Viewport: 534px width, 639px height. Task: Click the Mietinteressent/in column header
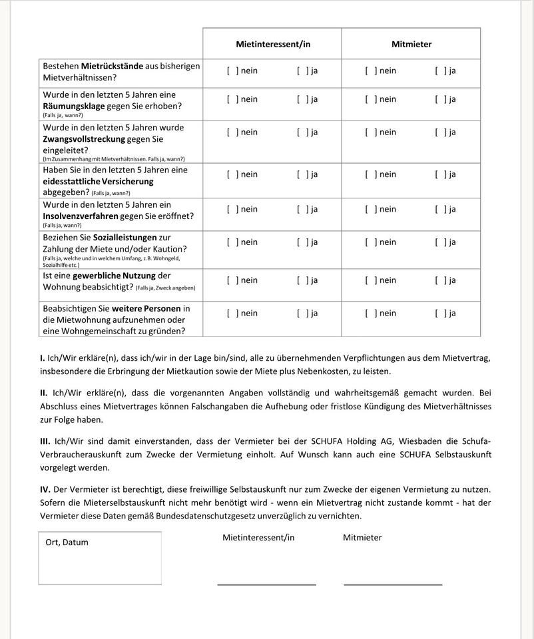(x=273, y=45)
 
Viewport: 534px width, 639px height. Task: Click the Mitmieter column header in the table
(x=411, y=45)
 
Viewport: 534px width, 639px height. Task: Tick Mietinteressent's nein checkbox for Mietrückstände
(x=231, y=71)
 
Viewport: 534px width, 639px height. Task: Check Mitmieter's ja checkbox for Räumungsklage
(x=439, y=99)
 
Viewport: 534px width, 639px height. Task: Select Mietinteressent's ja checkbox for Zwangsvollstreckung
(x=301, y=132)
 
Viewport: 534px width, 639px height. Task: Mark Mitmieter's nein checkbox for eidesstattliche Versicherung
(x=370, y=174)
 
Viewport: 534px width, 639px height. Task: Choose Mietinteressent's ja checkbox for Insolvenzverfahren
(x=301, y=209)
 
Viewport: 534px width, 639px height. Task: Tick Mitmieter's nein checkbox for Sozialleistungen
(x=370, y=242)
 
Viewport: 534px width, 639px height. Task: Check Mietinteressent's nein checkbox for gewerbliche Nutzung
(x=231, y=280)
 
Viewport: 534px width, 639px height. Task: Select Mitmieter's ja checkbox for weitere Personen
(x=439, y=313)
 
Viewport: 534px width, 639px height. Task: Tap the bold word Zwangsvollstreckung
(x=84, y=139)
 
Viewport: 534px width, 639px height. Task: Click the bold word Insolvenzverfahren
(x=81, y=216)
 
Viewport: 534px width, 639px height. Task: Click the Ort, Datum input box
(x=100, y=562)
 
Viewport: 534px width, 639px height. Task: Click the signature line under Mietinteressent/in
(x=266, y=583)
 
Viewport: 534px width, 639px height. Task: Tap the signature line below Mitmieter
(x=393, y=583)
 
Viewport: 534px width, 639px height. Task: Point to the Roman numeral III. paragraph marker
(x=45, y=441)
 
